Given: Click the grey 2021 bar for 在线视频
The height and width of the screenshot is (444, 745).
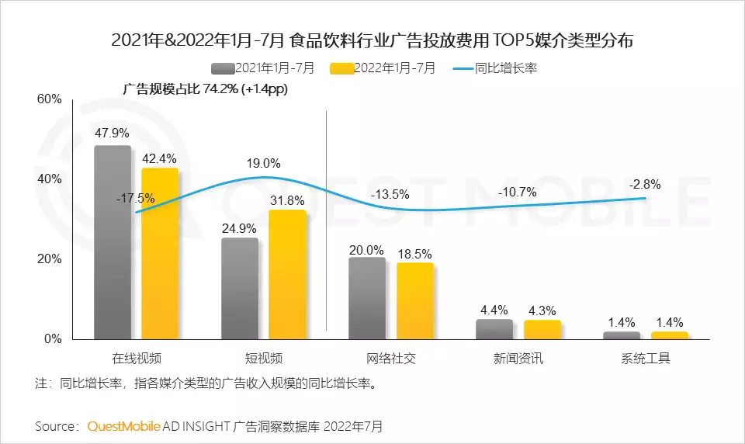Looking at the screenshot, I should [x=113, y=242].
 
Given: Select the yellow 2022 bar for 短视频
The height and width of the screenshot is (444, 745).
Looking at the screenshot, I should [x=287, y=274].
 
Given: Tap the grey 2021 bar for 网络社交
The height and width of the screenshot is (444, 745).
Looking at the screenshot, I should [x=367, y=298].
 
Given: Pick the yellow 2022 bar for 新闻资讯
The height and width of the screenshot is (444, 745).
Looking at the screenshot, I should [x=542, y=329].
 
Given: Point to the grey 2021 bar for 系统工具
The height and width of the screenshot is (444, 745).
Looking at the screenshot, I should [x=622, y=335].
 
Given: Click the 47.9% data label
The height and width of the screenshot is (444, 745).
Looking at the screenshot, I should [x=112, y=133].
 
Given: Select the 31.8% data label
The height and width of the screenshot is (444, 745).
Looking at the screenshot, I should [x=287, y=199].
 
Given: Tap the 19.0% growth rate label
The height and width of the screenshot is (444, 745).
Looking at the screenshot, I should [x=263, y=164].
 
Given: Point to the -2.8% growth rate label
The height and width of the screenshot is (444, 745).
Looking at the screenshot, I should [x=645, y=184].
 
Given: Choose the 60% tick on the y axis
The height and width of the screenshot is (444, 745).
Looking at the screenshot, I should [x=49, y=99].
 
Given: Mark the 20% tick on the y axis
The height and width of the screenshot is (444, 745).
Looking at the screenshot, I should [x=49, y=259].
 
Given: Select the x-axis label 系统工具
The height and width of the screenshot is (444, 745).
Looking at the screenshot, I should [x=645, y=359].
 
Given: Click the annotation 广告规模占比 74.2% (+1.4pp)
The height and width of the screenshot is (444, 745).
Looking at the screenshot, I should [x=205, y=89].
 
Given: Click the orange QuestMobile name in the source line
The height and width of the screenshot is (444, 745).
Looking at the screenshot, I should [x=124, y=426].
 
